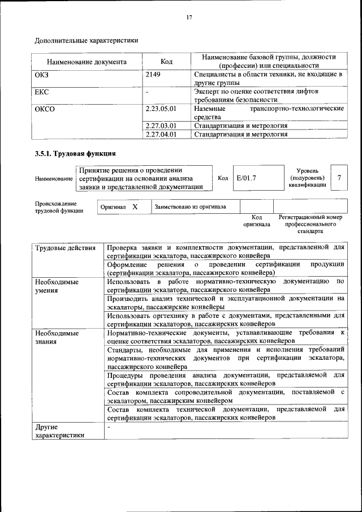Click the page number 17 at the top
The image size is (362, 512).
(189, 18)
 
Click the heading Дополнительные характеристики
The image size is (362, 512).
(86, 40)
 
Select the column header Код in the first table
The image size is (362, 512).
(166, 62)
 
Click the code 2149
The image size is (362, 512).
(153, 74)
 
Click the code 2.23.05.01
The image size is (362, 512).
(161, 108)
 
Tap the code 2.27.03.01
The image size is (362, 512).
(161, 126)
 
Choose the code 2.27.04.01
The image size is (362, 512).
(161, 135)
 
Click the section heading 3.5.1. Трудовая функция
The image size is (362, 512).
(75, 153)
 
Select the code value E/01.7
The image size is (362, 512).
(247, 178)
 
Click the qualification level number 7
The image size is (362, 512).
(339, 178)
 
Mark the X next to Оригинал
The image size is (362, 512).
(135, 207)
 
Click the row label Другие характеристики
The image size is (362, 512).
(59, 431)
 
